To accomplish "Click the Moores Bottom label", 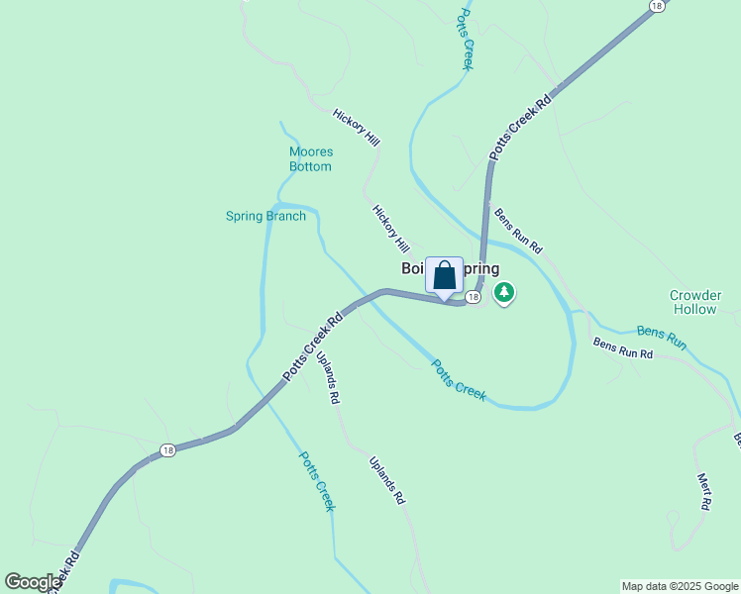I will pos(310,158).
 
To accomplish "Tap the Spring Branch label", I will pos(265,216).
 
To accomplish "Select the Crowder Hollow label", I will pos(693,302).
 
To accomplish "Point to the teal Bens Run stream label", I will pos(662,337).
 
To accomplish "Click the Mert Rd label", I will pos(704,491).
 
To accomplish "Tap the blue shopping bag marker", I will pos(445,276).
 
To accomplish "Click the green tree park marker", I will pos(505,292).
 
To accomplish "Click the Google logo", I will pos(33,582).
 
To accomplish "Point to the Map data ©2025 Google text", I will pos(680,586).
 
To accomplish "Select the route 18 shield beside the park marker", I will pos(474,297).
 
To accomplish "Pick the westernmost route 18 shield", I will pos(167,450).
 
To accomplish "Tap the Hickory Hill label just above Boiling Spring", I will pos(391,228).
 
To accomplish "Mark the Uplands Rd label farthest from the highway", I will pos(387,480).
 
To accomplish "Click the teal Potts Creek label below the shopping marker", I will pos(459,380).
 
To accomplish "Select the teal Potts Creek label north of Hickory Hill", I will pos(464,40).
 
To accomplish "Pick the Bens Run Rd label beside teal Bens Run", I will pos(624,347).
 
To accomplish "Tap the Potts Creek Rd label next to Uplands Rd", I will pos(313,347).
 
